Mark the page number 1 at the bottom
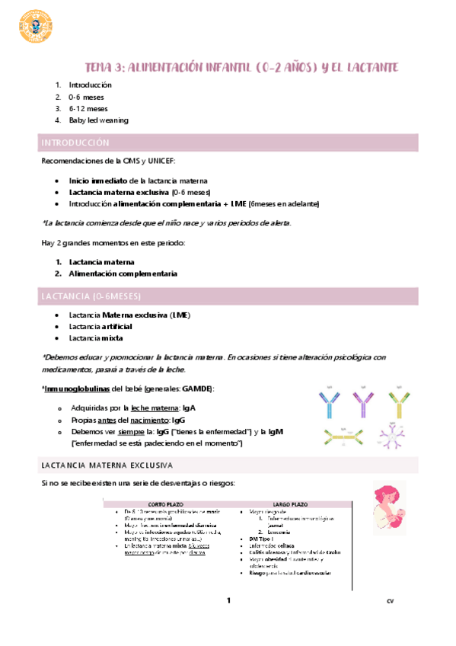[228, 602]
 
